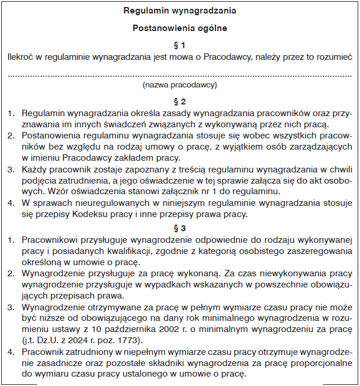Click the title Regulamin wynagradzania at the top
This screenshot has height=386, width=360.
point(180,11)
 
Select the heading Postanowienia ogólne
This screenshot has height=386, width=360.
point(180,28)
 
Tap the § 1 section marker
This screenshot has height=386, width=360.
point(180,45)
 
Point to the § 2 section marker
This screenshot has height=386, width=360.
point(180,101)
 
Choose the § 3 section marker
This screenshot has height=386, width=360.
point(180,228)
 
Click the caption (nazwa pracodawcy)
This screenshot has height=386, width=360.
point(180,85)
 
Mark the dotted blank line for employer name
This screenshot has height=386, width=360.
point(180,75)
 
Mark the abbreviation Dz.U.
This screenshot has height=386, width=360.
point(45,340)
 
